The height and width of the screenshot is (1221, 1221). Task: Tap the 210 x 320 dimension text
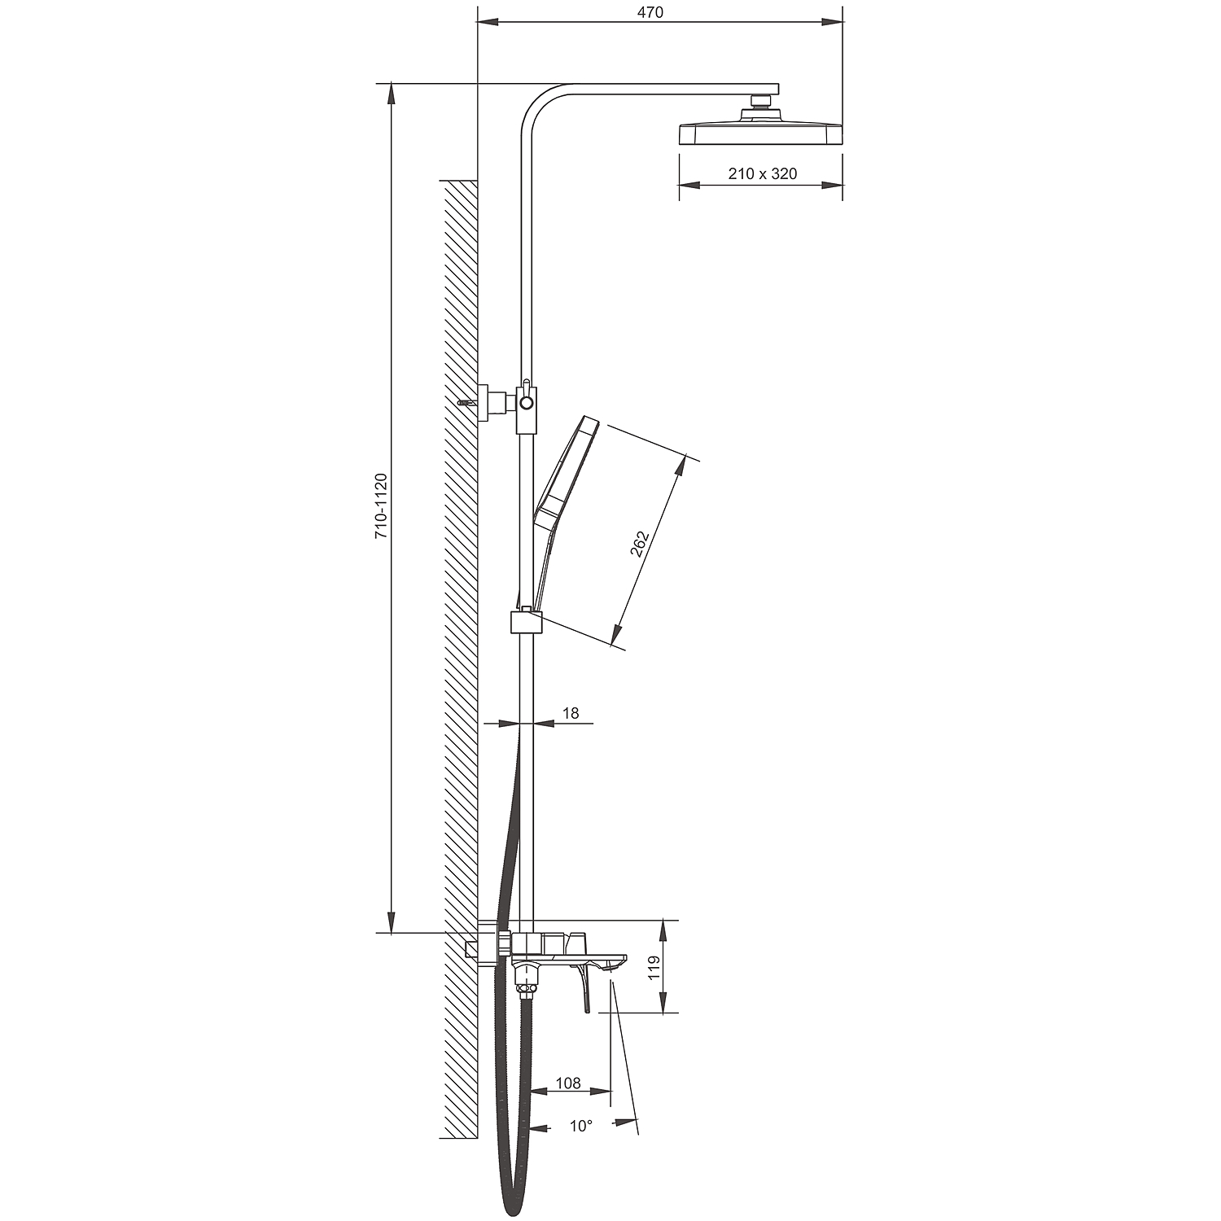click(763, 173)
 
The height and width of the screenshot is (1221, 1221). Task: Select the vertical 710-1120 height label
click(381, 506)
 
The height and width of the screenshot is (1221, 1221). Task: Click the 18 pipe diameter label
click(571, 713)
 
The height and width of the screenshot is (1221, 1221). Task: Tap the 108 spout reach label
click(568, 1083)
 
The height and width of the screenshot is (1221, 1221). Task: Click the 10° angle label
click(581, 1126)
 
